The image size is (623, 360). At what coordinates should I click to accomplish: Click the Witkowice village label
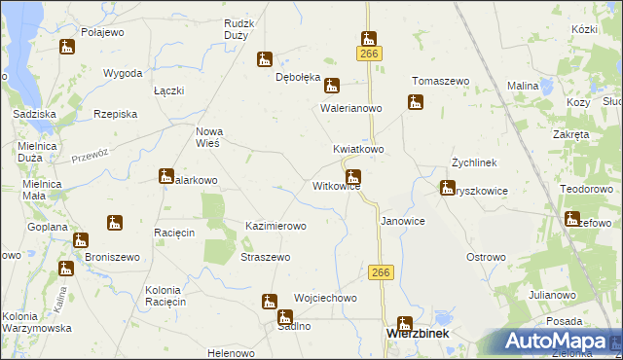pos(336,186)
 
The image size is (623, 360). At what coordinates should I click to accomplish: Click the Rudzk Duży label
pos(238,28)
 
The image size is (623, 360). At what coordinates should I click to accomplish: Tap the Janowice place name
pos(402,221)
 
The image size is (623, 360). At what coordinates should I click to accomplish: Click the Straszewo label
pos(265,257)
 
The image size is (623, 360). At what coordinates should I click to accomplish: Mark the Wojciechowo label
pos(325,298)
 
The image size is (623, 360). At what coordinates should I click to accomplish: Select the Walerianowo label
pos(351,109)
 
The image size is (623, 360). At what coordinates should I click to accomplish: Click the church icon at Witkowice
pos(354,177)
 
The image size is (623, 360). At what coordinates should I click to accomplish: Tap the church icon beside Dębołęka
pos(264,59)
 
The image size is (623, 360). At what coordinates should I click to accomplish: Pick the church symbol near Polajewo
pos(67,46)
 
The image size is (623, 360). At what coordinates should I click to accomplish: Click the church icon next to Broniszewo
pos(81,239)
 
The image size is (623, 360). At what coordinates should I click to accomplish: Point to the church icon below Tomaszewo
pos(415,101)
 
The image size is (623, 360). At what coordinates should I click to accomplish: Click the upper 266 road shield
pos(369,54)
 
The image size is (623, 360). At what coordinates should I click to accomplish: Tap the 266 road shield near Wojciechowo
pos(381,273)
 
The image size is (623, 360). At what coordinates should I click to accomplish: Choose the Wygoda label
pos(123,74)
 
